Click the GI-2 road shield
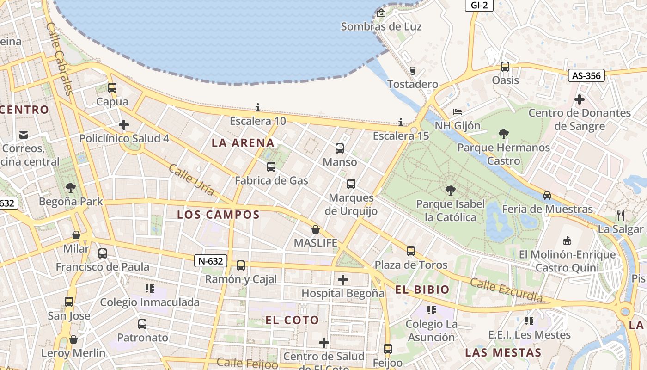pos(479,6)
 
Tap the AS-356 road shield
pos(586,75)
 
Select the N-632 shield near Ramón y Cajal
pos(211,261)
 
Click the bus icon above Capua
pos(112,88)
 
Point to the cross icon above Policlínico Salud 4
pos(124,125)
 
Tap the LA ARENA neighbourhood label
pos(243,143)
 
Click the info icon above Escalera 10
pos(258,108)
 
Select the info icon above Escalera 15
pos(401,123)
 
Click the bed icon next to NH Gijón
pos(458,112)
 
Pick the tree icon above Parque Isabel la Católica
pos(450,190)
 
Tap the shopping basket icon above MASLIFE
pos(316,229)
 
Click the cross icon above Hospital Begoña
pos(343,280)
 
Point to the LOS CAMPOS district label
pos(219,215)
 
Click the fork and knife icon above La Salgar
pos(621,216)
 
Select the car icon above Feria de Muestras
pos(547,196)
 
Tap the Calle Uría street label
pos(191,180)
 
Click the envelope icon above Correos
pos(23,135)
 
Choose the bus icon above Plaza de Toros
pos(411,251)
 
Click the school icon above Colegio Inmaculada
pos(150,289)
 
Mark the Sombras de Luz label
pos(381,26)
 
